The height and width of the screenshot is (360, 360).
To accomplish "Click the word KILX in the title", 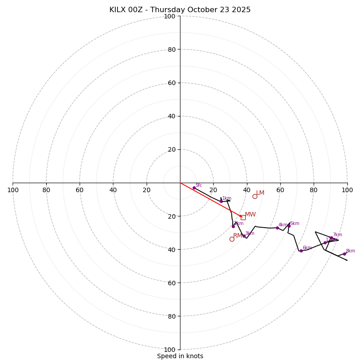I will [x=118, y=10].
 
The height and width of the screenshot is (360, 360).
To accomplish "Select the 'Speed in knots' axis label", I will [x=180, y=356].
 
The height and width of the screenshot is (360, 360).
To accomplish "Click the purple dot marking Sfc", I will [x=194, y=188].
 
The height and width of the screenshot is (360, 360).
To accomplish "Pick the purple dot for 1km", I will [x=221, y=201].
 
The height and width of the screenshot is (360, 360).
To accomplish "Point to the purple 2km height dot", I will [x=233, y=226].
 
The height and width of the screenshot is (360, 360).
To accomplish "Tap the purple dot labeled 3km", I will [x=244, y=236].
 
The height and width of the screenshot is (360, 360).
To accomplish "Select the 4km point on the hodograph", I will [x=277, y=228].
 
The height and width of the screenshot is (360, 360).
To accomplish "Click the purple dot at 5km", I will [x=289, y=226].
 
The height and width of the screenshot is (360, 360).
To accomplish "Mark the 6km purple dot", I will [x=301, y=251].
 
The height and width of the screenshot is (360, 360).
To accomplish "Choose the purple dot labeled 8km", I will [x=344, y=254].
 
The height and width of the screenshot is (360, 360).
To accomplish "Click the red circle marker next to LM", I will [x=255, y=196].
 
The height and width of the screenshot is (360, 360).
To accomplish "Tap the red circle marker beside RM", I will [x=232, y=239].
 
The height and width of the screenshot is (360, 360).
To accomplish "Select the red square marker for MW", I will [x=243, y=217].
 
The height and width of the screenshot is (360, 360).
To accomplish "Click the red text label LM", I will [x=260, y=193].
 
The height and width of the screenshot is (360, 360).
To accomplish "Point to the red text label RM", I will [x=238, y=236].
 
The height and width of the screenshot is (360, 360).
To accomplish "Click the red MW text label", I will [x=250, y=215].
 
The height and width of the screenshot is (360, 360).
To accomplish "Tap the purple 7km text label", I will [x=337, y=234].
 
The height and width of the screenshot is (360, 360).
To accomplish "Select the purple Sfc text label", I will [x=198, y=185].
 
